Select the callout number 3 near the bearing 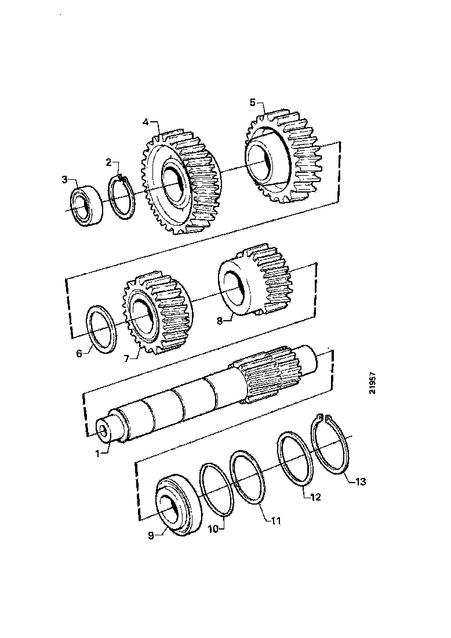tap(65, 179)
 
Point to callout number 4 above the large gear tap(146, 122)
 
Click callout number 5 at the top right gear tap(252, 102)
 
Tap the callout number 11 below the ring tap(276, 521)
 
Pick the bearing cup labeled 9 tap(174, 505)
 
